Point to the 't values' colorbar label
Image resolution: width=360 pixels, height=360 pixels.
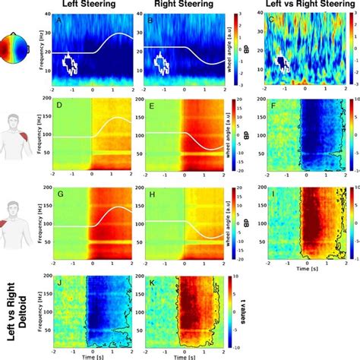coord(245,312)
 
